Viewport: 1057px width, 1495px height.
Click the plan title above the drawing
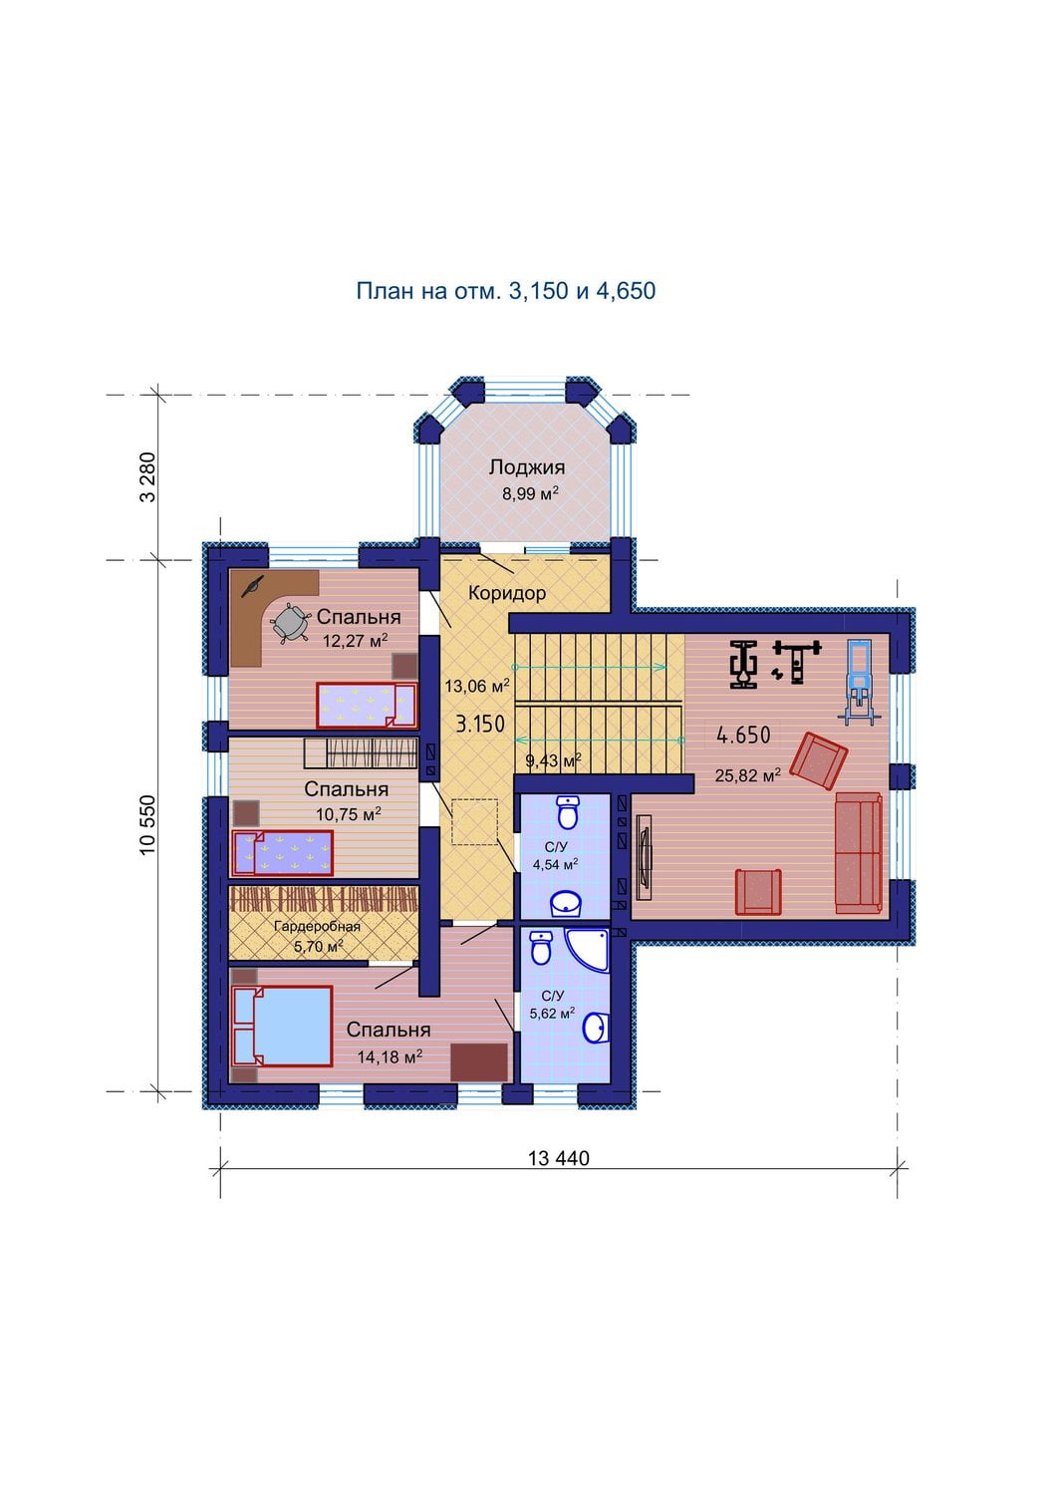coord(506,291)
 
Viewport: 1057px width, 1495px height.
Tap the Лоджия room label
coord(526,467)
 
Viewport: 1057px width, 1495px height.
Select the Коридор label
coord(506,593)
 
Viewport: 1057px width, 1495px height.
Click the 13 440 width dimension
coord(559,1158)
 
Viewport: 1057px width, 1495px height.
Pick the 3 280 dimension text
coord(147,477)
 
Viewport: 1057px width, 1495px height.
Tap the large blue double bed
coord(282,1026)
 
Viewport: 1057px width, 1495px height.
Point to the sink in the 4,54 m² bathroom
coord(566,904)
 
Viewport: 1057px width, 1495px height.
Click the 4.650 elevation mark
coord(743,736)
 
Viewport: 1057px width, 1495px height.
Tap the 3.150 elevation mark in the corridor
coord(480,724)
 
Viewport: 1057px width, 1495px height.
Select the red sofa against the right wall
coord(859,852)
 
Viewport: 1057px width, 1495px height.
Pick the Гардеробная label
coord(317,926)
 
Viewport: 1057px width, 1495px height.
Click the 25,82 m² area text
coord(748,775)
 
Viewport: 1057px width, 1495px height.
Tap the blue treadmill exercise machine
coord(859,681)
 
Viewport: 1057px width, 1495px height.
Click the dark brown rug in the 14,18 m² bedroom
coord(479,1062)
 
